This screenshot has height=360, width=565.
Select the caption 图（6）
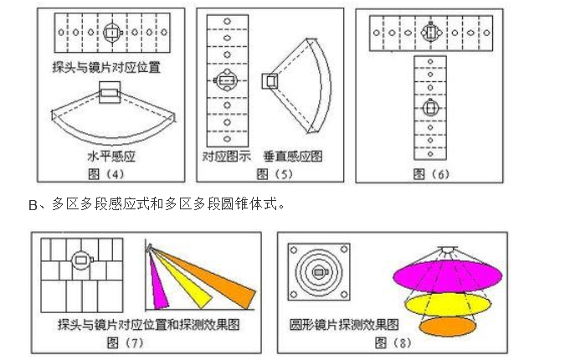coord(431,173)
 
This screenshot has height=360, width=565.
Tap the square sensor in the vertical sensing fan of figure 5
coord(270,80)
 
